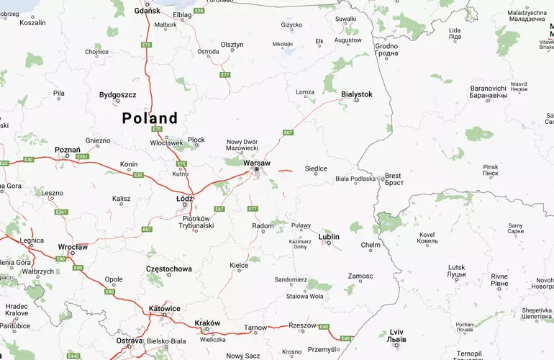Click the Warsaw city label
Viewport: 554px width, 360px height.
[257, 163]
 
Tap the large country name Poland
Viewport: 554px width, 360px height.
[150, 118]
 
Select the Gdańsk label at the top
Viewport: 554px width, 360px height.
[147, 12]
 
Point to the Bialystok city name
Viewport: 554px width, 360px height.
[357, 94]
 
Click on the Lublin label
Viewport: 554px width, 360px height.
[329, 236]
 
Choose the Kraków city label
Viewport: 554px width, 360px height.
[207, 323]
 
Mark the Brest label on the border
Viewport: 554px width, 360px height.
[394, 176]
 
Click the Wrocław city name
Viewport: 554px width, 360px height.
[73, 247]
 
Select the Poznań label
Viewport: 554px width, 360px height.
[68, 150]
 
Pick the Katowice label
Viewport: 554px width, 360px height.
[165, 308]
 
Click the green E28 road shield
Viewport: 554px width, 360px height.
[199, 11]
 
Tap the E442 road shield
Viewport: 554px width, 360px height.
[73, 356]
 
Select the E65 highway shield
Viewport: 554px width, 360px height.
[4, 163]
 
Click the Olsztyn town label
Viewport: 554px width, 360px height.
[232, 45]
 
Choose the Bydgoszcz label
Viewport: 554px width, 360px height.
[118, 94]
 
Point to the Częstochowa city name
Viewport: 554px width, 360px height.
[168, 269]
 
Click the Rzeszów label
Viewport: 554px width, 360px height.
[301, 325]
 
